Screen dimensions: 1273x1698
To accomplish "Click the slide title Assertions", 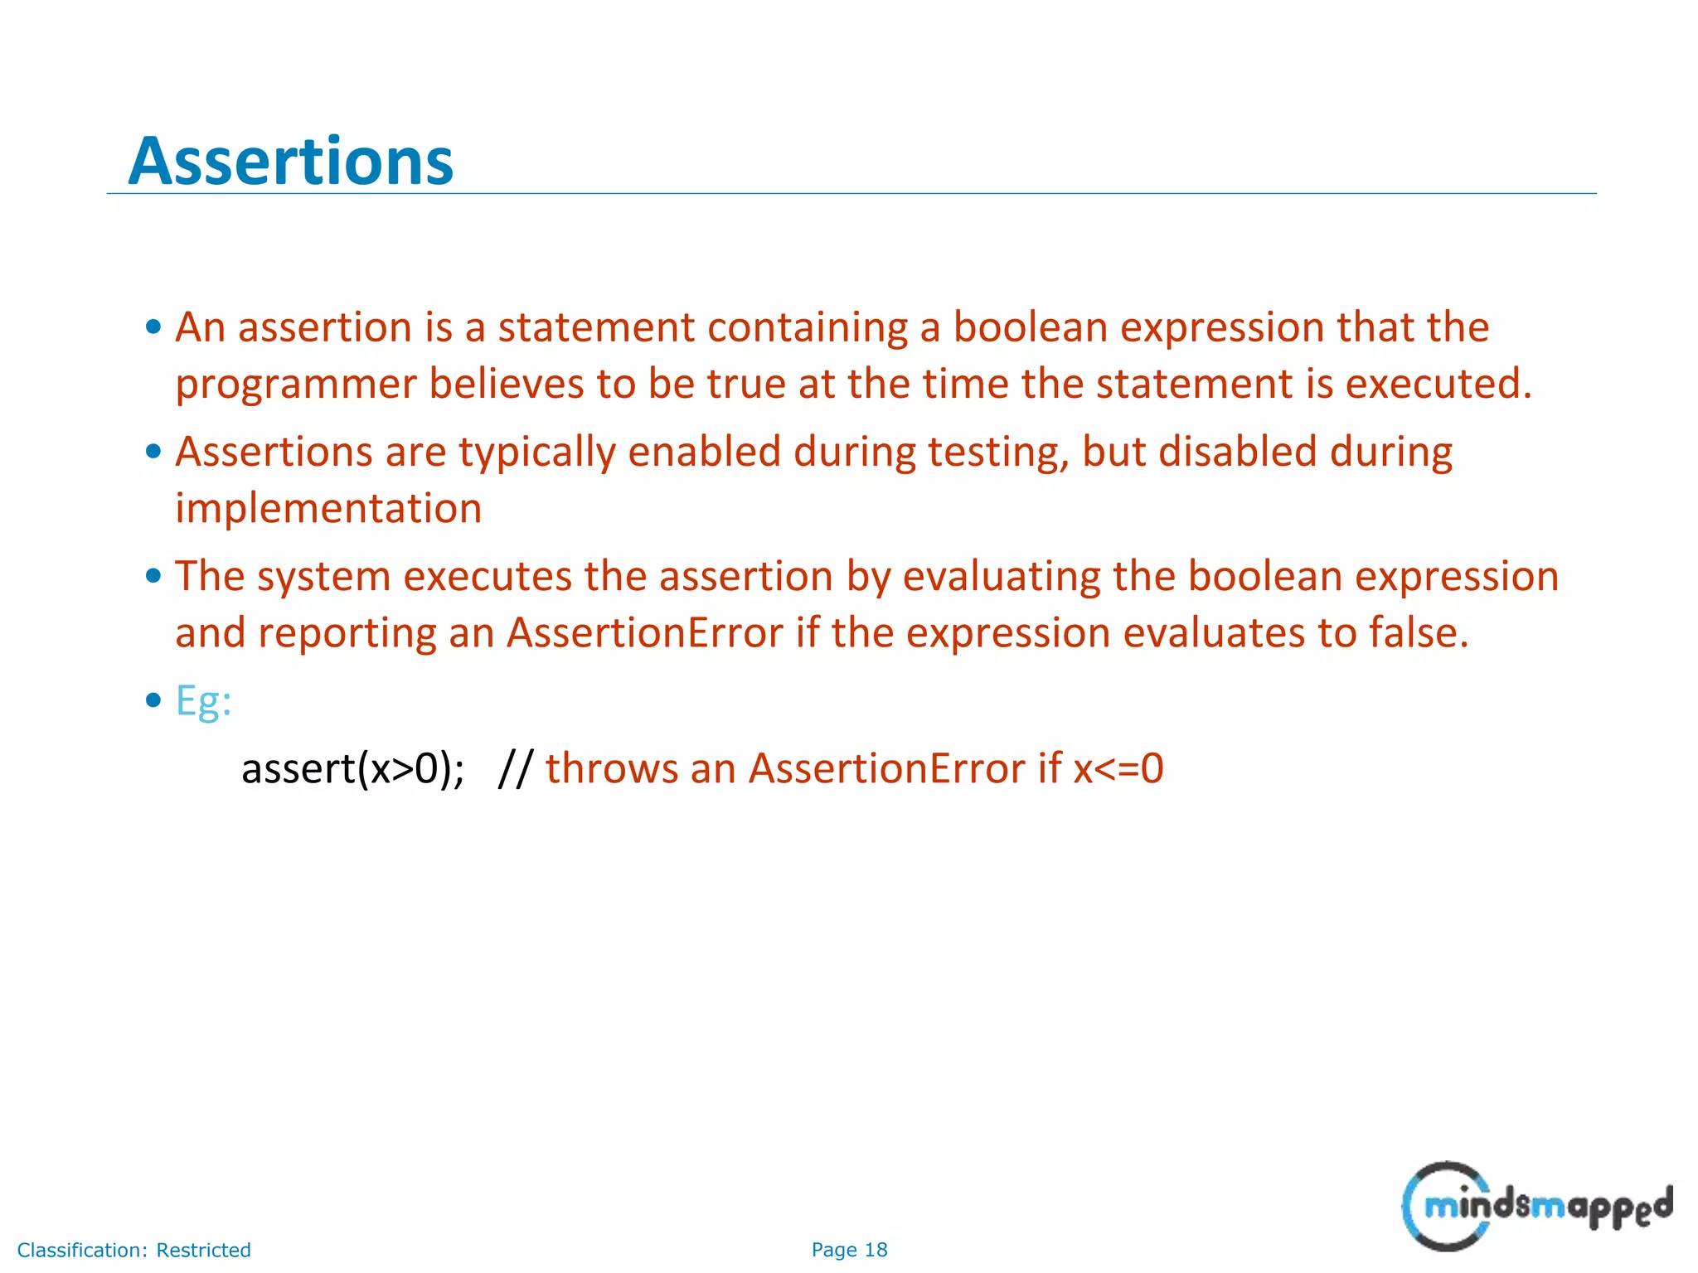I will pos(291,161).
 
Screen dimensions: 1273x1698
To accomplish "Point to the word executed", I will pos(1438,384).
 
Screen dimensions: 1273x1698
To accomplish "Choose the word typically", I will pos(537,453).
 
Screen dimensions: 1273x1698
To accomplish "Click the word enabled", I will pos(704,452).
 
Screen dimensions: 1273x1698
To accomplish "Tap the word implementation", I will pos(328,508).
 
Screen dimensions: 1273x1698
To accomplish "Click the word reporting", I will pos(347,634).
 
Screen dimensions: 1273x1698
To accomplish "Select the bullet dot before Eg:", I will pos(153,700).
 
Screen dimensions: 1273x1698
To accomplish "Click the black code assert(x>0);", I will pos(352,768).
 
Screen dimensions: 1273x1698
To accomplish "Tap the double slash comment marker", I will pos(516,768).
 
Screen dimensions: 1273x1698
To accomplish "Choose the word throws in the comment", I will pos(611,768).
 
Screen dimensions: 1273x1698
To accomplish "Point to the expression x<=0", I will pos(1118,768).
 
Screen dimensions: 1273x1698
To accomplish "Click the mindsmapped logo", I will pos(1536,1206).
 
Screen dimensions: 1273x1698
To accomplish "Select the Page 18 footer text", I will pos(849,1250).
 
